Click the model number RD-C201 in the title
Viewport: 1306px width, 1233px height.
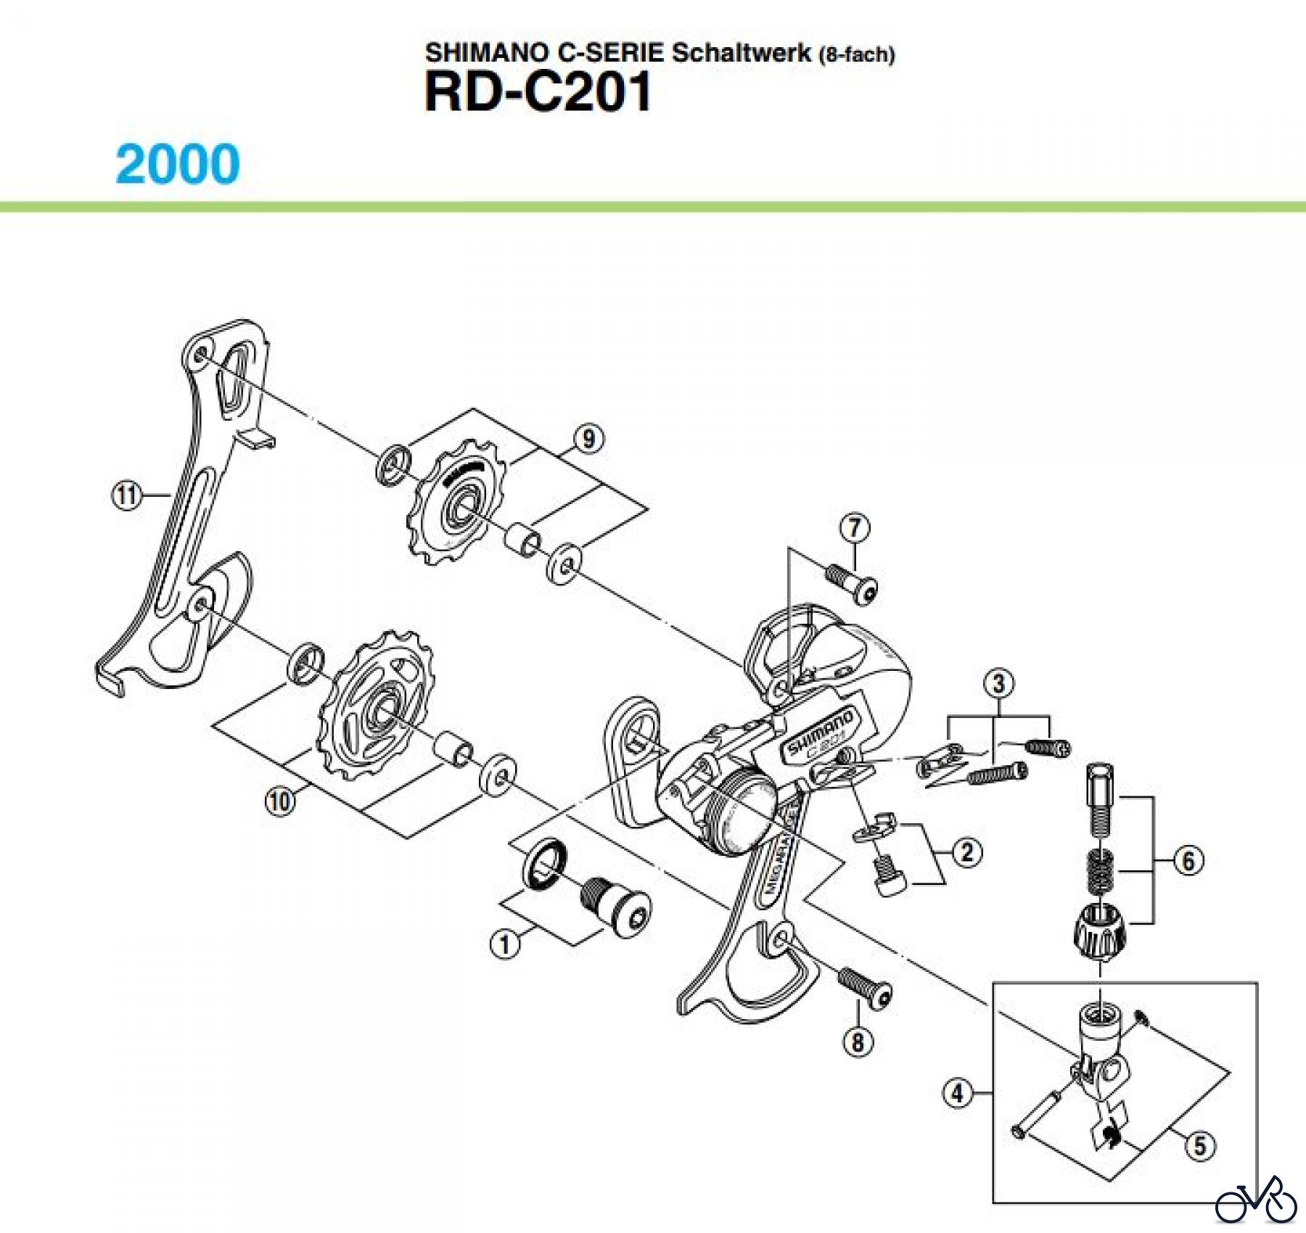pyautogui.click(x=538, y=94)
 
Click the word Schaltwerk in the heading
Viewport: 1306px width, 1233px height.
pyautogui.click(x=741, y=53)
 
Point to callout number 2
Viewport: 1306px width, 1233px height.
pyautogui.click(x=967, y=851)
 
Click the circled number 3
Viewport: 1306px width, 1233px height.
pyautogui.click(x=999, y=683)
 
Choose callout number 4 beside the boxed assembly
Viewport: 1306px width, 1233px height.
pyautogui.click(x=958, y=1092)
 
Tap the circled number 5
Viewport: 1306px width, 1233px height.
pyautogui.click(x=1200, y=1146)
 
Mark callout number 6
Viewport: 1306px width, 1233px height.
pyautogui.click(x=1188, y=861)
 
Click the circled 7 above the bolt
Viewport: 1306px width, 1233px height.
pyautogui.click(x=855, y=528)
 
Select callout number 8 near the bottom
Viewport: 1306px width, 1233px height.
pyautogui.click(x=858, y=1042)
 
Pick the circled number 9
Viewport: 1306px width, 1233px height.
pyautogui.click(x=588, y=438)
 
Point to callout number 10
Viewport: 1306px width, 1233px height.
pyautogui.click(x=280, y=802)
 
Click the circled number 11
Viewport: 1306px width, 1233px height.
pyautogui.click(x=126, y=496)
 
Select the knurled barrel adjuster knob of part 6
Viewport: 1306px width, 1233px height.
pyautogui.click(x=1099, y=931)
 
